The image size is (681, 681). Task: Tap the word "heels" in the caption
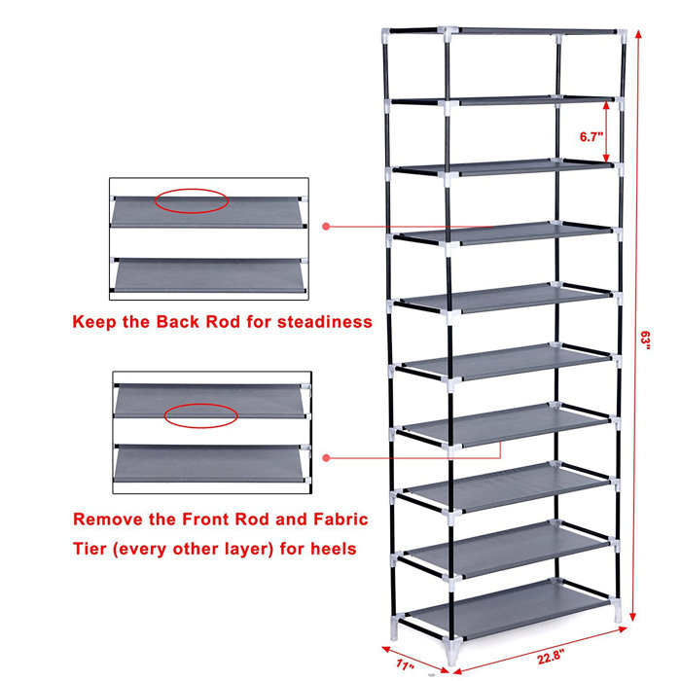(330, 550)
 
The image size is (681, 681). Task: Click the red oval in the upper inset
(191, 201)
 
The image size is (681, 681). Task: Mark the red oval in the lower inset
(200, 416)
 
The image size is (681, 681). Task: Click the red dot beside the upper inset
(327, 227)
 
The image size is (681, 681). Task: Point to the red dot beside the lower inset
(327, 456)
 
